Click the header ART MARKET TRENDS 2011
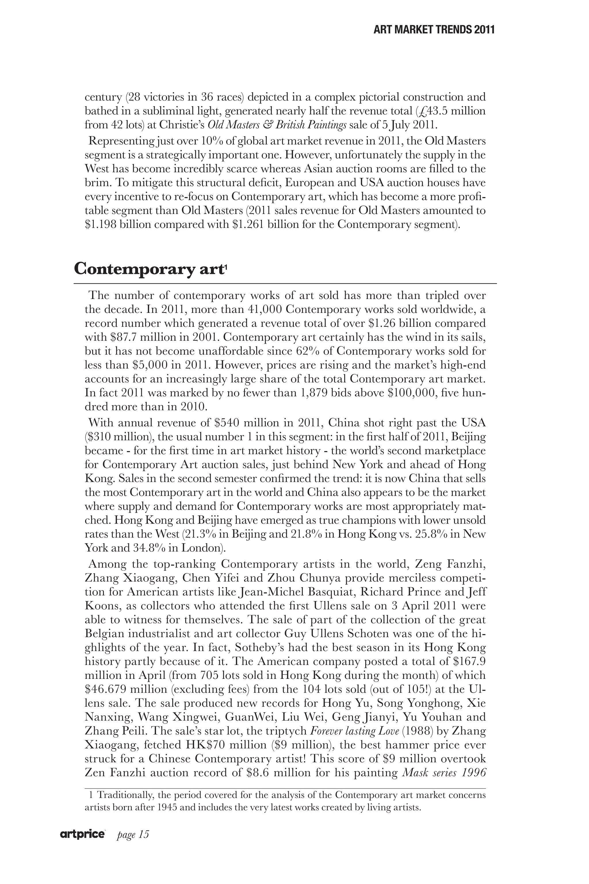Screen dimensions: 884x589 (x=434, y=30)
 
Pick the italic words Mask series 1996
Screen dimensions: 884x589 (x=444, y=773)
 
